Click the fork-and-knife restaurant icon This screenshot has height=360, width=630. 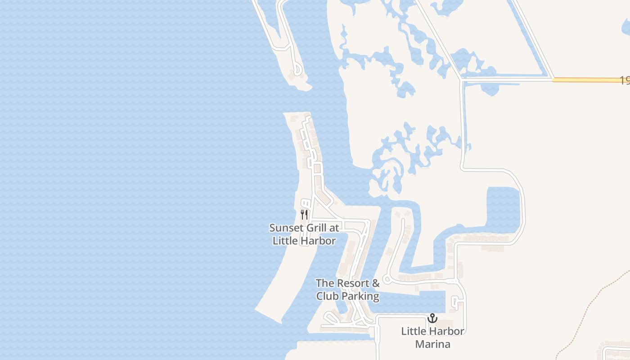tap(304, 214)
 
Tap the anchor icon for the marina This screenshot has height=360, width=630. tap(432, 319)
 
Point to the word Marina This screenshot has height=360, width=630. tap(432, 345)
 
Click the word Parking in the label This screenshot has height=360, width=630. tap(360, 297)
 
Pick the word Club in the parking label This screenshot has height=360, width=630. tap(327, 297)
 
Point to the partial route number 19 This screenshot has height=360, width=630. tap(625, 81)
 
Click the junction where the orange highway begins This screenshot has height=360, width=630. tap(553, 80)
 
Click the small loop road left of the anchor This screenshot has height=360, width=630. tap(454, 302)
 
